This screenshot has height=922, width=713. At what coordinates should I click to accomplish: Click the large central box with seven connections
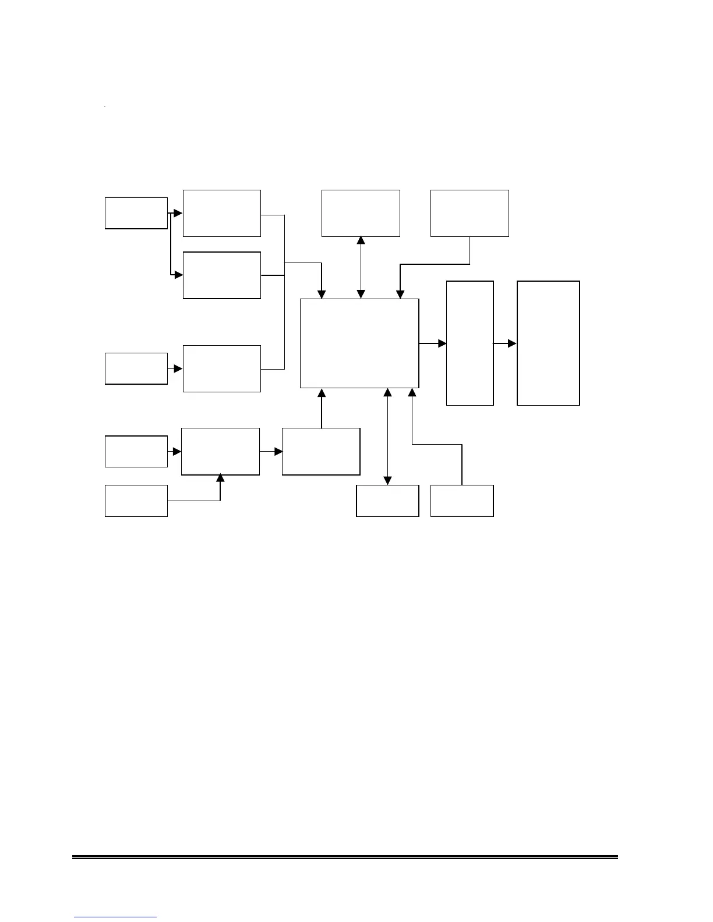(359, 343)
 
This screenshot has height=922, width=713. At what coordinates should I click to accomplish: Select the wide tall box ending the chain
(548, 343)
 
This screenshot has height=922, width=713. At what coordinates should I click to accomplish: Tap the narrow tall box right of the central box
(470, 343)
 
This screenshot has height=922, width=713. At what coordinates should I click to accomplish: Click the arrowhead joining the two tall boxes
(512, 344)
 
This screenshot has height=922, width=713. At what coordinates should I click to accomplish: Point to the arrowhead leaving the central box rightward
(442, 344)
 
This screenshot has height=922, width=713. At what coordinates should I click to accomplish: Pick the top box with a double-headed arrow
(361, 213)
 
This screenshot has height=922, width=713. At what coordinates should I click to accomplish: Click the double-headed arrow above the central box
(361, 267)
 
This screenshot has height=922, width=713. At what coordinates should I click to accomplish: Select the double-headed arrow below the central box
(387, 436)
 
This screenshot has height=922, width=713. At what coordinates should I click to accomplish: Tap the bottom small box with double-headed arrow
(387, 501)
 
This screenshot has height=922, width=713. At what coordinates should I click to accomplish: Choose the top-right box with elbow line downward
(470, 213)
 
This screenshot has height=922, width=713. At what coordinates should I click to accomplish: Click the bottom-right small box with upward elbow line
(462, 501)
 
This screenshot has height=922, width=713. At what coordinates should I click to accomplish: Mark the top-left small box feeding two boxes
(136, 213)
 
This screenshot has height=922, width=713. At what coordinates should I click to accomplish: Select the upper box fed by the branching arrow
(222, 213)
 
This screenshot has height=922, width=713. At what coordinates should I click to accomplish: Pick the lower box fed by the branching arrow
(222, 275)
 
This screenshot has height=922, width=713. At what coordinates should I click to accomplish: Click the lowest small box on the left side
(136, 501)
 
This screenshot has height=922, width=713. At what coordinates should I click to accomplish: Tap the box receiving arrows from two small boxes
(220, 452)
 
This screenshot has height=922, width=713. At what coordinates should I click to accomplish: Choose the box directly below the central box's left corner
(321, 452)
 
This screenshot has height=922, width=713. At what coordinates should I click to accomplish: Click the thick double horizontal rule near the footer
(345, 857)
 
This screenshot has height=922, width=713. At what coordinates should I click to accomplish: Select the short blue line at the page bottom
(115, 917)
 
